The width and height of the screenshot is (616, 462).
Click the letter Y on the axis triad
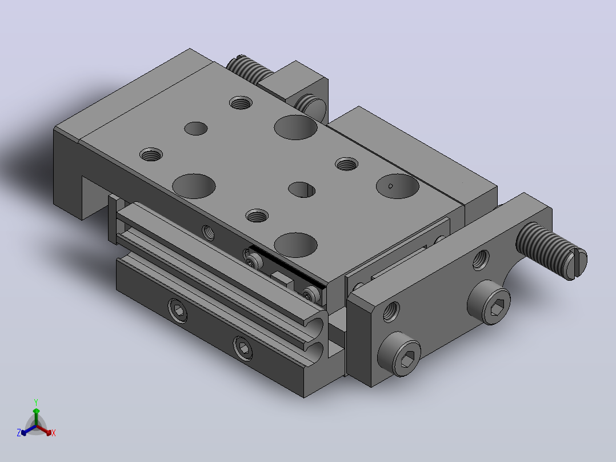pos(36,402)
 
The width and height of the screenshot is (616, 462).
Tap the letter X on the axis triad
pos(54,433)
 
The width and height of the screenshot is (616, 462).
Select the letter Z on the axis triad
pos(19,433)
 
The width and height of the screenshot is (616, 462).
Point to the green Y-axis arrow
pos(36,417)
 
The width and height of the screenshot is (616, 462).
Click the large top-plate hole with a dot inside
pos(398,186)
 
